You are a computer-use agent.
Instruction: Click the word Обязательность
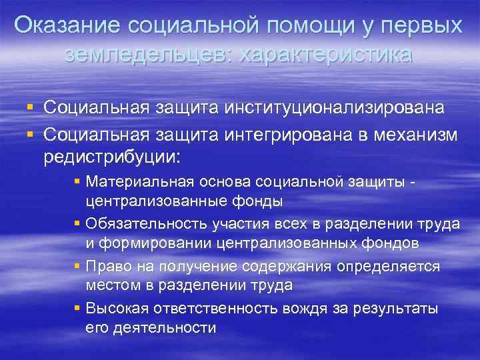tap(142, 223)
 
